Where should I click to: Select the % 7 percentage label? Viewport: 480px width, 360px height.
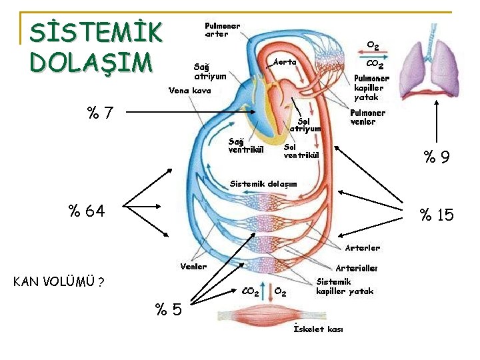point(99,114)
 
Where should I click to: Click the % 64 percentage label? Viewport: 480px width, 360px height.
point(86,212)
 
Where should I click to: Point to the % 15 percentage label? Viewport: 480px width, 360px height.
point(435,215)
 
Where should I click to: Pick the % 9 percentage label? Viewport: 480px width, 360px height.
point(437,157)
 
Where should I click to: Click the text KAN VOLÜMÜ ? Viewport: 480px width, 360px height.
point(58,281)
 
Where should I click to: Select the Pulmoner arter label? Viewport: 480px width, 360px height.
point(222,30)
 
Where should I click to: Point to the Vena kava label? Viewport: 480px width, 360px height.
point(190,90)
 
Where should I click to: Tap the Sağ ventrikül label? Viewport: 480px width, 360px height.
point(246,145)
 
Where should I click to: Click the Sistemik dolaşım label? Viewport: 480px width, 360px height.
point(263,183)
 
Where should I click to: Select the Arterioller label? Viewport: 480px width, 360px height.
point(357,268)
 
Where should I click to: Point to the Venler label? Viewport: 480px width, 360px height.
point(194,267)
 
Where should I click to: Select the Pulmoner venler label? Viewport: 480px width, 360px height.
point(367,117)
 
